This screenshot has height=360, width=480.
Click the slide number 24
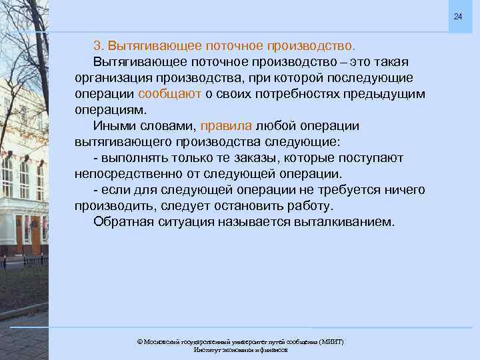pos(457,16)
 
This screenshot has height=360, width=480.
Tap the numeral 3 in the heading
pos(97,46)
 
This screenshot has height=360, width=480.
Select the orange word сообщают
pos(170,94)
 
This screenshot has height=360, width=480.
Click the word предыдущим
pos(384,94)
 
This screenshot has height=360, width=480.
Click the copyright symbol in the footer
pos(139,341)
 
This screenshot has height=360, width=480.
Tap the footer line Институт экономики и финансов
pos(240,350)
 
